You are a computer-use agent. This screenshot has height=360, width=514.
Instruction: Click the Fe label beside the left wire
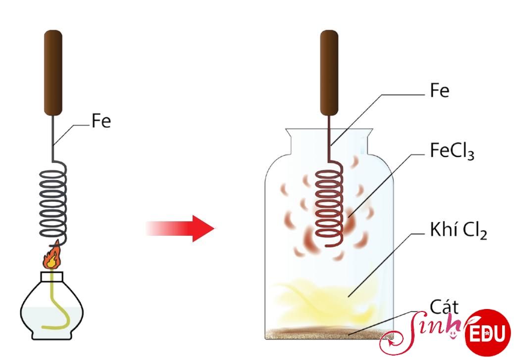tap(102, 121)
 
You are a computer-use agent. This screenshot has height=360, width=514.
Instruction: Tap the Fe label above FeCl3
tap(439, 90)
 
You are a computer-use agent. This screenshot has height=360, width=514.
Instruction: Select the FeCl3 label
tap(452, 152)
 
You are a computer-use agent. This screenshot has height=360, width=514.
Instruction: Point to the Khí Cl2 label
tap(458, 230)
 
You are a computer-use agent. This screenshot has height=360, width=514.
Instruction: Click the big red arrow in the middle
tap(180, 228)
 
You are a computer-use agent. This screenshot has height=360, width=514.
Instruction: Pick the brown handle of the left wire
tap(53, 73)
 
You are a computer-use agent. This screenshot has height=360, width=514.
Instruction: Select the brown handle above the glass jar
tap(329, 73)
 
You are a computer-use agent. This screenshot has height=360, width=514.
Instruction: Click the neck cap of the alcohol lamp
tap(52, 277)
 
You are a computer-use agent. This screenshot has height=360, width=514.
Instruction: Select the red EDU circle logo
tap(488, 332)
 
